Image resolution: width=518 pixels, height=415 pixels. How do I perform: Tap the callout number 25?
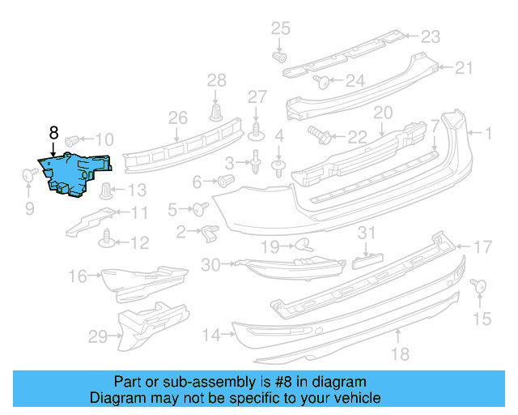coord(279,29)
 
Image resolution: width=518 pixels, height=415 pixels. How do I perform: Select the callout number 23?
coord(430,36)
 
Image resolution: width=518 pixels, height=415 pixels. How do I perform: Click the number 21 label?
coord(464,67)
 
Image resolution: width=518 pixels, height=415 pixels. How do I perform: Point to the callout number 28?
coord(216,79)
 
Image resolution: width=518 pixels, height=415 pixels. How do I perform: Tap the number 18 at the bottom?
coord(400,353)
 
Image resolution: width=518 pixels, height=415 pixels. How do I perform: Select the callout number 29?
coord(97,336)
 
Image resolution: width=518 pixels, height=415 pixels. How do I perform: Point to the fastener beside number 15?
coord(478,285)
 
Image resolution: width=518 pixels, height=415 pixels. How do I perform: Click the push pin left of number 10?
coord(70,139)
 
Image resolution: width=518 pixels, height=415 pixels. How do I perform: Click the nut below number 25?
coord(279,58)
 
